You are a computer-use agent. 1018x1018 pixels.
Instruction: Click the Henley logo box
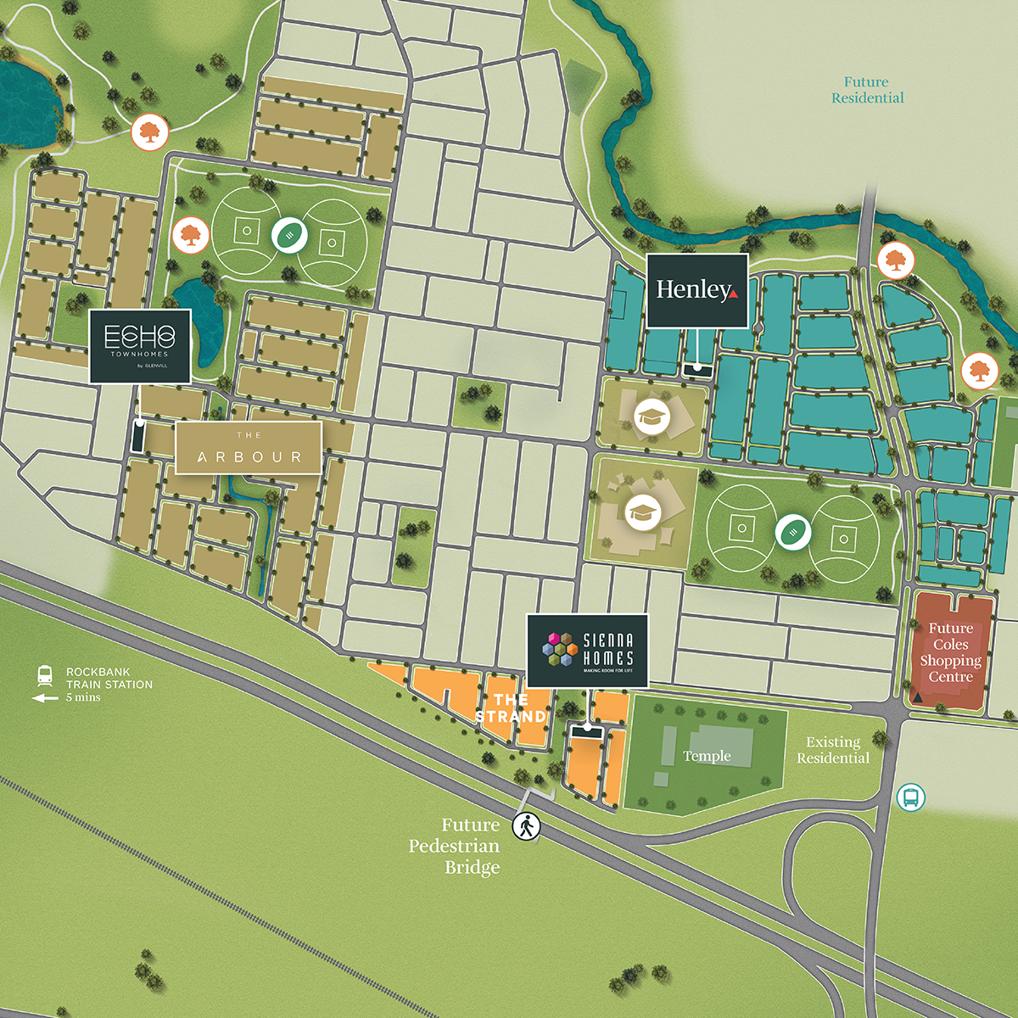[697, 290]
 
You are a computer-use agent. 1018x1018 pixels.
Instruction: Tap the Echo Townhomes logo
[140, 345]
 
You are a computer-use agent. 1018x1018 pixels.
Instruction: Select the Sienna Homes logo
[587, 650]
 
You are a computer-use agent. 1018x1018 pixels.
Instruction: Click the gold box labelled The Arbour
[249, 448]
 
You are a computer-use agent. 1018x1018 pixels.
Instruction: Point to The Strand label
[511, 708]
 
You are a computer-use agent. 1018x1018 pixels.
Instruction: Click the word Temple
[707, 756]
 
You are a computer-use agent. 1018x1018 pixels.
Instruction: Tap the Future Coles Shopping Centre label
[950, 652]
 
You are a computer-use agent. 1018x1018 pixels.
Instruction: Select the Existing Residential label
[833, 750]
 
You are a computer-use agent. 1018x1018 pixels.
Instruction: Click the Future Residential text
[867, 90]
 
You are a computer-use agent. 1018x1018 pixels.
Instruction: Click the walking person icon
[526, 825]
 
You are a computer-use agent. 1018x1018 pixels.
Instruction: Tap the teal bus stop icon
[910, 797]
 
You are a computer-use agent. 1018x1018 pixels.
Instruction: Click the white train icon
[45, 676]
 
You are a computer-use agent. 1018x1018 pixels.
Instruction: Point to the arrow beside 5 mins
[45, 698]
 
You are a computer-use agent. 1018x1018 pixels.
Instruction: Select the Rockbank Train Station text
[109, 678]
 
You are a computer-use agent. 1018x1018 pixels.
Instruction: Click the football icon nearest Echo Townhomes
[289, 235]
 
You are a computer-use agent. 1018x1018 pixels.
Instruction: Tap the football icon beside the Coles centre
[792, 532]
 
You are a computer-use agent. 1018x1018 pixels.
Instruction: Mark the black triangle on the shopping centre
[918, 697]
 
